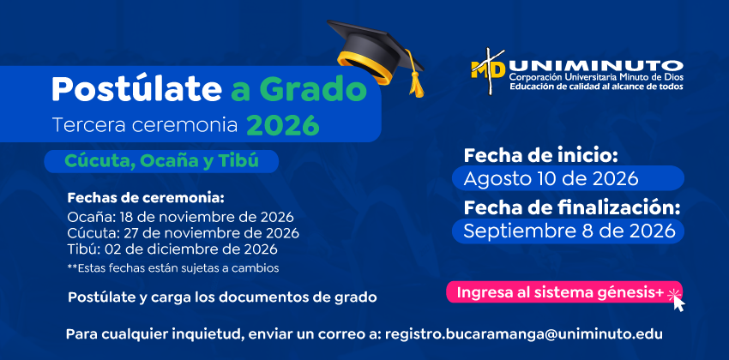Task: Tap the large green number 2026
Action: tap(283, 125)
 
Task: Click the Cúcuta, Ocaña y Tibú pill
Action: tap(161, 161)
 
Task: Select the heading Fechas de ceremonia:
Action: tap(146, 198)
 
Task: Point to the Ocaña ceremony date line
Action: tap(180, 217)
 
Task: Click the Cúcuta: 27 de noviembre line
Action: tap(183, 233)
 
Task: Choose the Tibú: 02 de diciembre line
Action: tap(172, 249)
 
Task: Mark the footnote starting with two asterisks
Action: tap(173, 268)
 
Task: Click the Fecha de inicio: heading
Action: tap(540, 156)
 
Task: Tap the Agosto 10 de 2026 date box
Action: tap(568, 178)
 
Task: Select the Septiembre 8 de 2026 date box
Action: tap(568, 231)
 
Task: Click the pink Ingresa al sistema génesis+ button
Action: tap(564, 292)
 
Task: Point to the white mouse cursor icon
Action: tap(678, 303)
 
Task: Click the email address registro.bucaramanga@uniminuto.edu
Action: tap(524, 334)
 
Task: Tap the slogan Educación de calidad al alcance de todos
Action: tap(596, 87)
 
